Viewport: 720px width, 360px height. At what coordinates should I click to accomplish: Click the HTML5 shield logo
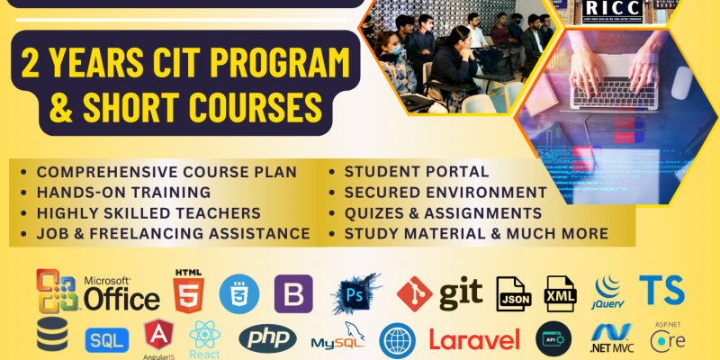tap(187, 290)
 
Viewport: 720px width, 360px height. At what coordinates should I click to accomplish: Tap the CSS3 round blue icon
tap(239, 292)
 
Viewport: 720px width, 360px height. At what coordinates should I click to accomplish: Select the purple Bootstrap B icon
tap(293, 293)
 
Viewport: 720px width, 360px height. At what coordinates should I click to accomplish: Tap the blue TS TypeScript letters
tap(661, 290)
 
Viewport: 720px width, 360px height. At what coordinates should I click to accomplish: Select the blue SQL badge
tap(106, 340)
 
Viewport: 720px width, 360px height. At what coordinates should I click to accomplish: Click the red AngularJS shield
tap(160, 337)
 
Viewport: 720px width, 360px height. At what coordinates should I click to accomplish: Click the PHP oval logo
tap(267, 339)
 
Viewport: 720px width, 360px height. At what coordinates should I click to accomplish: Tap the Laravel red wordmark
tap(474, 340)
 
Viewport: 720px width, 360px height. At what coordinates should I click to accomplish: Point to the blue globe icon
tap(397, 341)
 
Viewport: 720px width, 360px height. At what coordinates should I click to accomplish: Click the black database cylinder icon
tap(52, 335)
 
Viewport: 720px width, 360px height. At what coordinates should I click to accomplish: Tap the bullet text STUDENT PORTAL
tap(415, 171)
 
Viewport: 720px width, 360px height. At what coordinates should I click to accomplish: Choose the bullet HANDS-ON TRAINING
tap(123, 192)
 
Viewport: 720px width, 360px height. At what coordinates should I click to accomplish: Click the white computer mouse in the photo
tap(681, 83)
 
